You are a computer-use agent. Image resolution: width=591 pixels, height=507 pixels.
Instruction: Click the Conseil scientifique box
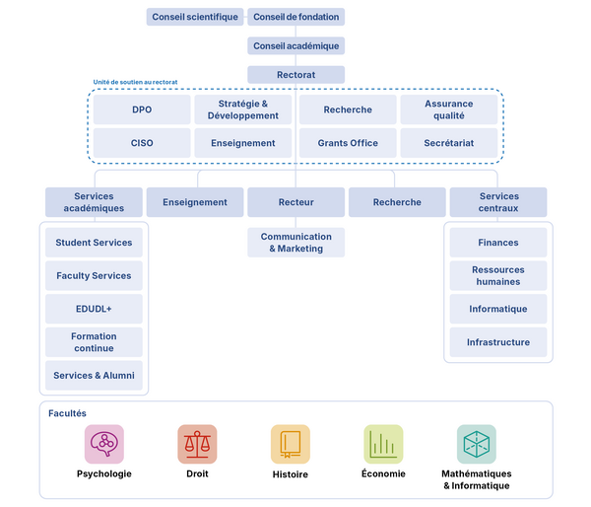(x=195, y=17)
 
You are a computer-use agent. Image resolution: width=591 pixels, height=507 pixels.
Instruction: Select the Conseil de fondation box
(x=295, y=17)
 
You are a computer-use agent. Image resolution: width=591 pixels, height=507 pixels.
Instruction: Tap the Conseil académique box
(x=295, y=45)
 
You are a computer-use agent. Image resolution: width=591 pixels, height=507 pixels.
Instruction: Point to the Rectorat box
(x=295, y=74)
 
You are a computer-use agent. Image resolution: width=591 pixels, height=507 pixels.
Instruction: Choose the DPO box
(x=142, y=109)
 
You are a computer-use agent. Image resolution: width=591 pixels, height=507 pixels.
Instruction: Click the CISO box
(x=142, y=143)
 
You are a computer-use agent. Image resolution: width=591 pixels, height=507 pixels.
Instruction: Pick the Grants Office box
(x=348, y=143)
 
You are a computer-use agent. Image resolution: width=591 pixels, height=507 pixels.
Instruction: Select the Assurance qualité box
(x=449, y=109)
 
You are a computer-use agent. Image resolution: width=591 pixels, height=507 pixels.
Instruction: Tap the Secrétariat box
(x=449, y=143)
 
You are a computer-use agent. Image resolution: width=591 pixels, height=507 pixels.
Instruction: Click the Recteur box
(x=295, y=202)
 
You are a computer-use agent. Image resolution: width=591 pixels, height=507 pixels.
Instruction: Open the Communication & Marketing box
(x=295, y=243)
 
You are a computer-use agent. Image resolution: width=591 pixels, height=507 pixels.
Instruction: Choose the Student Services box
(x=94, y=243)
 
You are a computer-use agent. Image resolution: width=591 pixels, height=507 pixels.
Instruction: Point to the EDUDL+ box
(x=94, y=309)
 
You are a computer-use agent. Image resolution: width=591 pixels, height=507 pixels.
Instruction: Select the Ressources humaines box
(x=497, y=275)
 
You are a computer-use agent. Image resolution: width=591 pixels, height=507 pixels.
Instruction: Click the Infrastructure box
(x=497, y=342)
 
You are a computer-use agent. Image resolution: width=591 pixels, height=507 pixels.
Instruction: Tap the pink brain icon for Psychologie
(x=104, y=444)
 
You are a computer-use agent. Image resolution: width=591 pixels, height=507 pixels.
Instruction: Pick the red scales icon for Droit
(x=197, y=444)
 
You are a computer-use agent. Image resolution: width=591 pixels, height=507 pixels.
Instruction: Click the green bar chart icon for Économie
(x=383, y=444)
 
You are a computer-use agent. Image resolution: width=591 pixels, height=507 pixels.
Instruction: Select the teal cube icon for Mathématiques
(x=477, y=444)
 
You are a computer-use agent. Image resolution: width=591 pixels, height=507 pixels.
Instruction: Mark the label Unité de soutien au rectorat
(x=135, y=82)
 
